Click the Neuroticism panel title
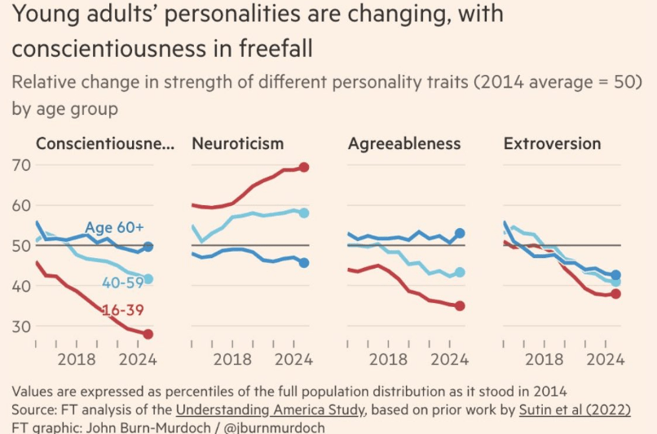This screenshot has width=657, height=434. (238, 144)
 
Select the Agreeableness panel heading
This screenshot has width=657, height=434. (404, 144)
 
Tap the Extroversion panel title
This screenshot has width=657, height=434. (553, 144)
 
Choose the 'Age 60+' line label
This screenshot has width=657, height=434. (114, 228)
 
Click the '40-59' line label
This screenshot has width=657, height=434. (122, 283)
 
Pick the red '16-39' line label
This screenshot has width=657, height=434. (124, 311)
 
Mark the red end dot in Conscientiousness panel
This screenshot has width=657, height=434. (148, 334)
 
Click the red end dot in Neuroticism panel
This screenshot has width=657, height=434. (304, 167)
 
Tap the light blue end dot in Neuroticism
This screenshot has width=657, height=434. (304, 213)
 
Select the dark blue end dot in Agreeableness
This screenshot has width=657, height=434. (460, 234)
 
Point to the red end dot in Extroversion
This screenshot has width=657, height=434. (615, 294)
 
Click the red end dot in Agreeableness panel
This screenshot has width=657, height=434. (460, 305)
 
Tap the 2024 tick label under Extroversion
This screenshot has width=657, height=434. (606, 359)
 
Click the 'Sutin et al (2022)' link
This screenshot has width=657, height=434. (575, 410)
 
